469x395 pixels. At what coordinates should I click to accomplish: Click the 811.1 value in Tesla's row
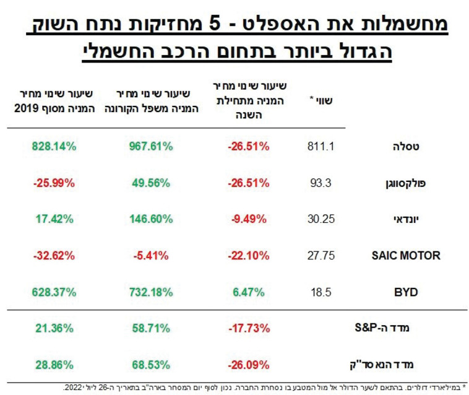(321, 147)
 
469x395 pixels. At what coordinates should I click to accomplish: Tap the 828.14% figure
(54, 147)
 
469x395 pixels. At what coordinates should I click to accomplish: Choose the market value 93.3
(321, 183)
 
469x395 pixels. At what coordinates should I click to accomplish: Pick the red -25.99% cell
(54, 183)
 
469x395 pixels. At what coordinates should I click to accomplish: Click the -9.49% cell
(249, 219)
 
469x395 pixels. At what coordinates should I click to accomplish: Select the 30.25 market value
(321, 219)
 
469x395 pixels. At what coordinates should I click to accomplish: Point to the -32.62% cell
(54, 255)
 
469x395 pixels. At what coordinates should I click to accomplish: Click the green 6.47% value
(249, 291)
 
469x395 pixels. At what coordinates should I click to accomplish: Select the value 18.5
(321, 291)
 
